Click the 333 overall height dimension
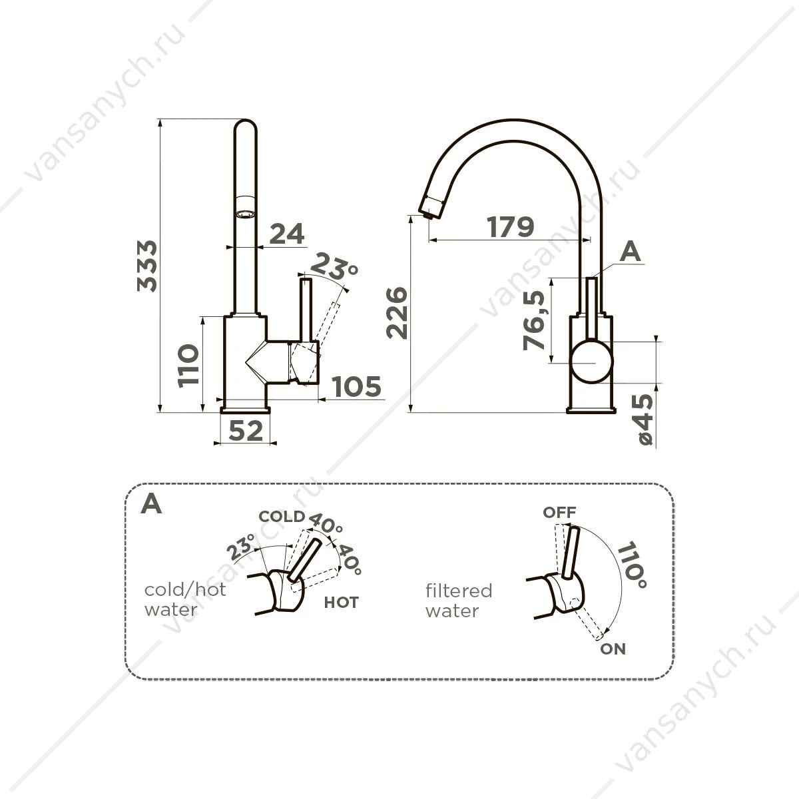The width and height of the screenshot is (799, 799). pyautogui.click(x=147, y=266)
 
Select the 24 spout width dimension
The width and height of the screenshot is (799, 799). pyautogui.click(x=287, y=234)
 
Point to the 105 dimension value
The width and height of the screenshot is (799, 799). pyautogui.click(x=357, y=386)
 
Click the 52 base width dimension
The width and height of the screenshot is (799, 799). pyautogui.click(x=246, y=430)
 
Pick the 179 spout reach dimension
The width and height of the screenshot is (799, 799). pyautogui.click(x=511, y=227)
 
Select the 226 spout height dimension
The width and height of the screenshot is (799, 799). pyautogui.click(x=398, y=313)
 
